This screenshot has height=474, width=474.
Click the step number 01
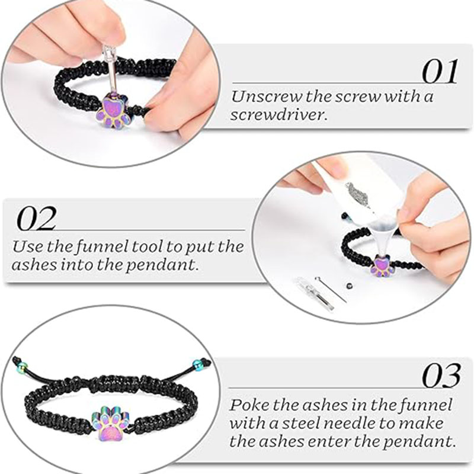click(440, 72)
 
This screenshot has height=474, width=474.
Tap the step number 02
click(36, 217)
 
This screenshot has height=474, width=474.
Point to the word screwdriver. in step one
click(278, 114)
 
